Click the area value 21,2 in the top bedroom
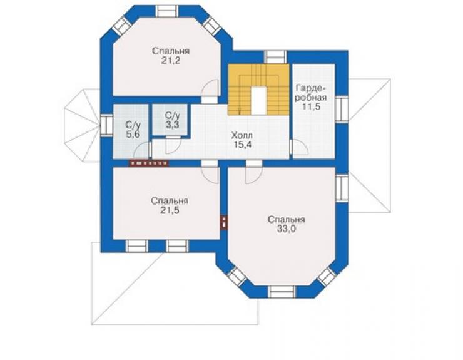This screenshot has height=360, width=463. tap(171, 61)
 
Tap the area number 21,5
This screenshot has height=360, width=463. tap(170, 210)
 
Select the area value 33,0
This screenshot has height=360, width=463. tap(286, 229)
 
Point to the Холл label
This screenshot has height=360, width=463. tap(242, 136)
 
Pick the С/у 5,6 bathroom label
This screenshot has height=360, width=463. tap(133, 130)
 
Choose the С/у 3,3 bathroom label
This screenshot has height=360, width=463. tap(173, 120)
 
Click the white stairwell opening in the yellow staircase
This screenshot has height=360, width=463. tap(259, 101)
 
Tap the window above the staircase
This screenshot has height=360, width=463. tap(275, 56)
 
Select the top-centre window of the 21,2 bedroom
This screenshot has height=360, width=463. tap(168, 11)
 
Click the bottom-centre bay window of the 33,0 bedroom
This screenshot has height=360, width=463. tap(282, 291)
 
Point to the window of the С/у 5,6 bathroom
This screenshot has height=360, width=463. tap(106, 125)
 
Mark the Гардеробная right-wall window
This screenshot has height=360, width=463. tap(342, 109)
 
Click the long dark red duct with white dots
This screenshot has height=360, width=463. tap(148, 163)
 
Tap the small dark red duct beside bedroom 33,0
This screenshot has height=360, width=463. tap(225, 222)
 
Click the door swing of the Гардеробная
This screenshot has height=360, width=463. tap(300, 147)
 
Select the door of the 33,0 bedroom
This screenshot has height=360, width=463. tap(254, 172)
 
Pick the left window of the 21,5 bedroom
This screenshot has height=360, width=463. tap(136, 246)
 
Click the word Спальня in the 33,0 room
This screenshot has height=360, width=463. tap(286, 220)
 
